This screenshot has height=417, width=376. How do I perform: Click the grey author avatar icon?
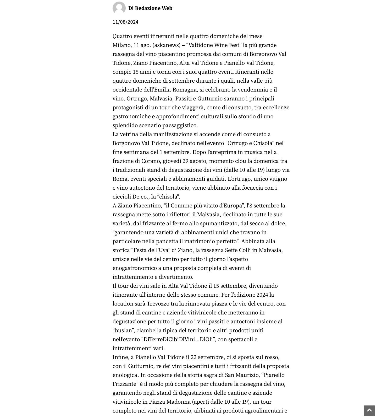click(x=119, y=8)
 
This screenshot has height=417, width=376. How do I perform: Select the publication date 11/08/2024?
click(x=125, y=22)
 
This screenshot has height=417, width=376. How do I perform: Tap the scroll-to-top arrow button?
click(x=369, y=410)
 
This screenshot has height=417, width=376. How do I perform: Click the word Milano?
click(x=122, y=45)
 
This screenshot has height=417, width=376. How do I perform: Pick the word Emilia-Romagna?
click(x=175, y=90)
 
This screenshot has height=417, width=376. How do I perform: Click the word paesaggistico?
click(x=180, y=125)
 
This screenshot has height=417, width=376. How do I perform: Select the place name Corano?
click(x=151, y=161)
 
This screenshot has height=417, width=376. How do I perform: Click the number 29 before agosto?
click(x=186, y=161)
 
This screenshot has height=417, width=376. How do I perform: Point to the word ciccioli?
click(x=122, y=197)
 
